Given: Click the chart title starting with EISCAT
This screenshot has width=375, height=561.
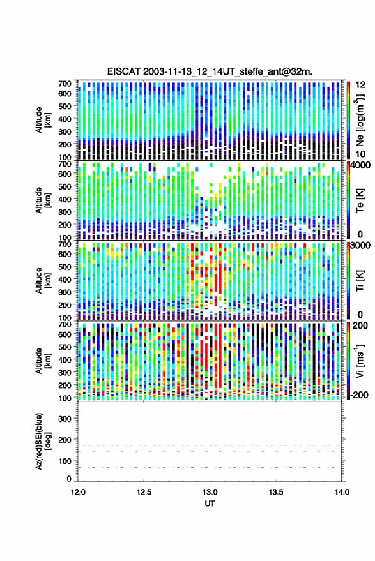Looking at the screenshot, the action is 210,71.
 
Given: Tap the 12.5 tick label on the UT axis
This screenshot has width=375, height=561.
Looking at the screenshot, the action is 144,492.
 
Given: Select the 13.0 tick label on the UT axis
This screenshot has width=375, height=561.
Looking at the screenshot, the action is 210,492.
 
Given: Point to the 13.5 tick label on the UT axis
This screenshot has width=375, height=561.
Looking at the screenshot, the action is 276,492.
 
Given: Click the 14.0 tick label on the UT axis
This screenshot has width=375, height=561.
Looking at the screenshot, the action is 342,492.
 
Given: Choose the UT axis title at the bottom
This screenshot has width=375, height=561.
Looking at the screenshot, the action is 210,504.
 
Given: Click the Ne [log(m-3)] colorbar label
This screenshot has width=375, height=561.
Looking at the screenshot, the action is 360,120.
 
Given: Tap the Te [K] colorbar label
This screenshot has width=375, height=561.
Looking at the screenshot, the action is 360,200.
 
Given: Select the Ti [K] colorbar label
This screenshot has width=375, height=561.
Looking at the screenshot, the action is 360,281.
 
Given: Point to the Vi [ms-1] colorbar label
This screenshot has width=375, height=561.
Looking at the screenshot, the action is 360,361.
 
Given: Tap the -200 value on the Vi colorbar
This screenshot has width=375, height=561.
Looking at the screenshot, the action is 358,395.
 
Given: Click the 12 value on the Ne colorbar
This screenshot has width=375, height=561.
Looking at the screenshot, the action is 360,85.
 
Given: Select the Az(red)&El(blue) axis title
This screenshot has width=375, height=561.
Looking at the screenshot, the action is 42,441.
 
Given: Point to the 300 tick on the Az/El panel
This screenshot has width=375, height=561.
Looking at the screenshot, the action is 65,419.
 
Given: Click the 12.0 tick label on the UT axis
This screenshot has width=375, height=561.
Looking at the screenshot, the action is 78,492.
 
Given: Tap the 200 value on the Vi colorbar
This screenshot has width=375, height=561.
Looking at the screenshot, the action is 360,326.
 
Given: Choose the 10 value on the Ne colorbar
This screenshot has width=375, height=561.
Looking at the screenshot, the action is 360,154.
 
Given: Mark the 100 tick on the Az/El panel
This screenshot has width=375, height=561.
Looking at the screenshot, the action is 65,461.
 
